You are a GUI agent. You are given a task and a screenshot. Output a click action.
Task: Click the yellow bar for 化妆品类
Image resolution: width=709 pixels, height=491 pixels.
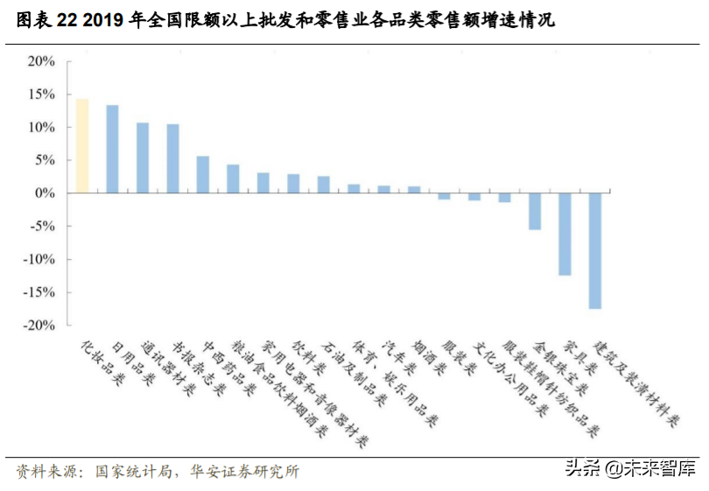pyautogui.click(x=81, y=145)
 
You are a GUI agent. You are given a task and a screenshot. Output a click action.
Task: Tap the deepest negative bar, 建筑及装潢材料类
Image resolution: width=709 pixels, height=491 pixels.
pyautogui.click(x=594, y=250)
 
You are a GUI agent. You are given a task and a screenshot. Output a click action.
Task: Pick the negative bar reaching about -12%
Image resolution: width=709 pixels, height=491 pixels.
pyautogui.click(x=565, y=234)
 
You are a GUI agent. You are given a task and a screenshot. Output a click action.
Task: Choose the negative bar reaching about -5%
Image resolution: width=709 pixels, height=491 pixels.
pyautogui.click(x=535, y=211)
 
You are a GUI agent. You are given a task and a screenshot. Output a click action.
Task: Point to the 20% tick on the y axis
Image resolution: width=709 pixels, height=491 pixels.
pyautogui.click(x=41, y=61)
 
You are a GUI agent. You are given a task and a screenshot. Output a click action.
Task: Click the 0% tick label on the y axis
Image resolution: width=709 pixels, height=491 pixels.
pyautogui.click(x=46, y=193)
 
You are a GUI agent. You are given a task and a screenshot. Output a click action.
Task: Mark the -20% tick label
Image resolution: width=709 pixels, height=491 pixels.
pyautogui.click(x=39, y=325)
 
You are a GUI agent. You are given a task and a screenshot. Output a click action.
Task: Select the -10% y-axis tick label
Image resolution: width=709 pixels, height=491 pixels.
pyautogui.click(x=39, y=259)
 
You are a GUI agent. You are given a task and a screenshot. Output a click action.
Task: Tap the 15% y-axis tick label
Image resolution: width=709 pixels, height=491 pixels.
pyautogui.click(x=41, y=95)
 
